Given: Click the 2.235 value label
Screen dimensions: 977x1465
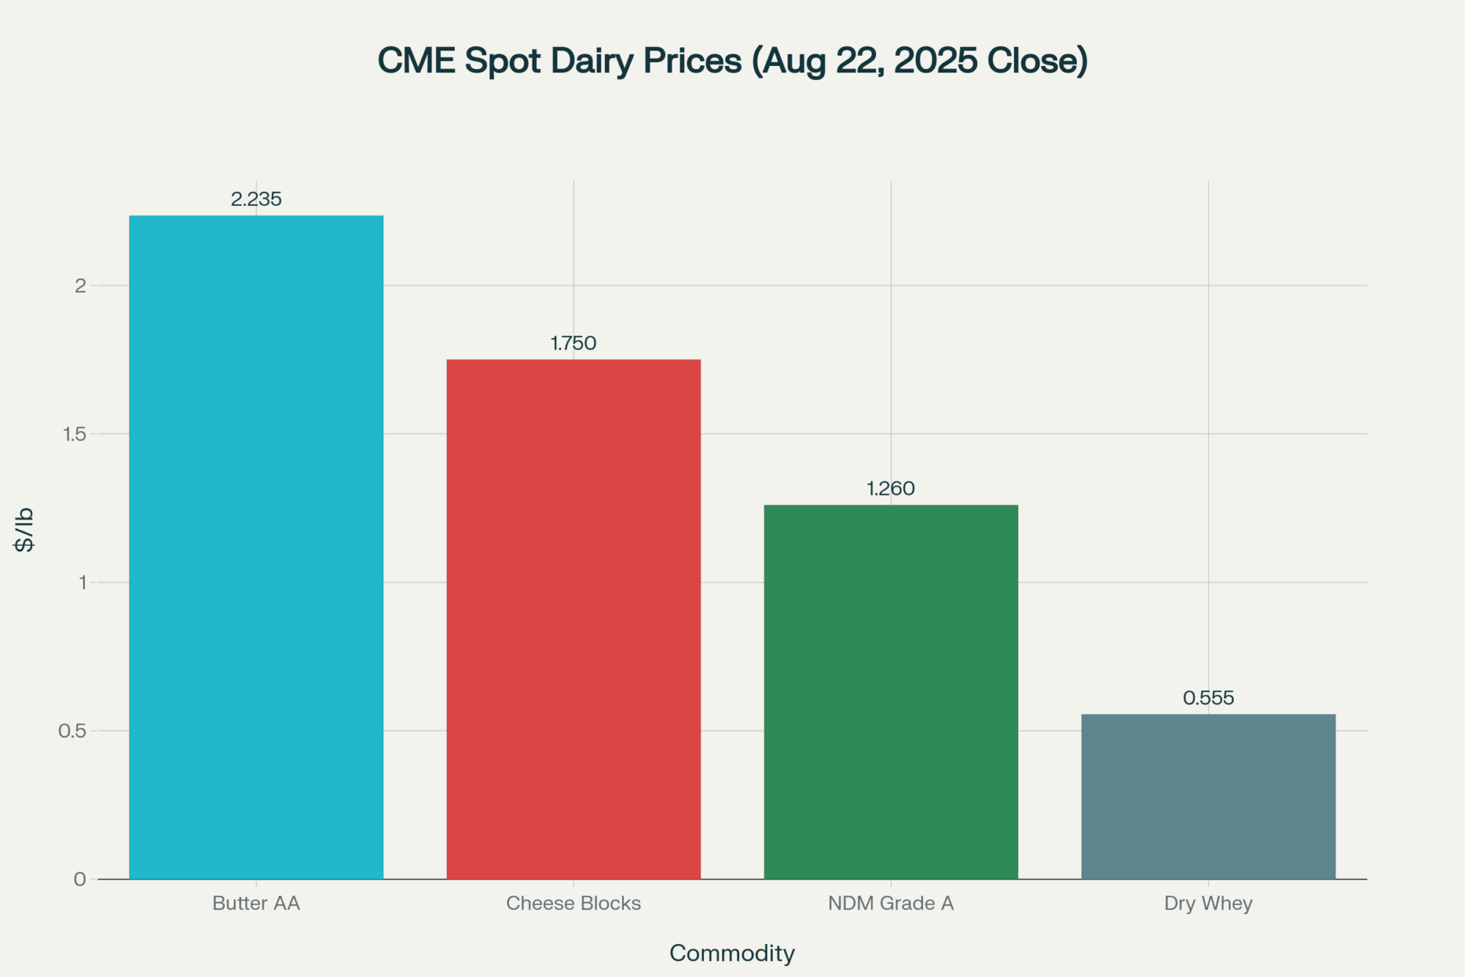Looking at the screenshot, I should [256, 199].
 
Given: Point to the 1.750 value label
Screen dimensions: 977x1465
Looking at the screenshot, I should [574, 343].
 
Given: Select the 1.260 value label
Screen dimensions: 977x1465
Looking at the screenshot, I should [891, 488].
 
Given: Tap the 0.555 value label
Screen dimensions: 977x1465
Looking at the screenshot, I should [1208, 698].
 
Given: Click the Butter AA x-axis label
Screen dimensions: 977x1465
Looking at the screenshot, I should [256, 903].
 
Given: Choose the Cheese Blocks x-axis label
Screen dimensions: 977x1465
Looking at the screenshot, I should [574, 903].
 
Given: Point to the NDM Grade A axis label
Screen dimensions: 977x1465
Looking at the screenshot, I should [891, 903].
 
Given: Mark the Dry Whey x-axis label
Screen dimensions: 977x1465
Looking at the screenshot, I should [1208, 903].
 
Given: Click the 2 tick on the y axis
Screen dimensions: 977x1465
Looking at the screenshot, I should [81, 286].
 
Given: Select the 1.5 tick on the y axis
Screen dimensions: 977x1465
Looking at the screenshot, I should [75, 434].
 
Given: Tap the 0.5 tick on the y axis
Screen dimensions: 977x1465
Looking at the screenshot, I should [73, 731].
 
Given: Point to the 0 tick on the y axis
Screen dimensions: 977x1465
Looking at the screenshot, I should [80, 880].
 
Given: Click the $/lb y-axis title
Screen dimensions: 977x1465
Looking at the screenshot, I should [24, 529].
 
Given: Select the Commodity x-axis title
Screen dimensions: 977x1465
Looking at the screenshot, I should [732, 953].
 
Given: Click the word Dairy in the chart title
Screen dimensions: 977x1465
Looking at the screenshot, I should [592, 61].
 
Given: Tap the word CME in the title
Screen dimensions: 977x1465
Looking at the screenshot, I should [416, 61].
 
